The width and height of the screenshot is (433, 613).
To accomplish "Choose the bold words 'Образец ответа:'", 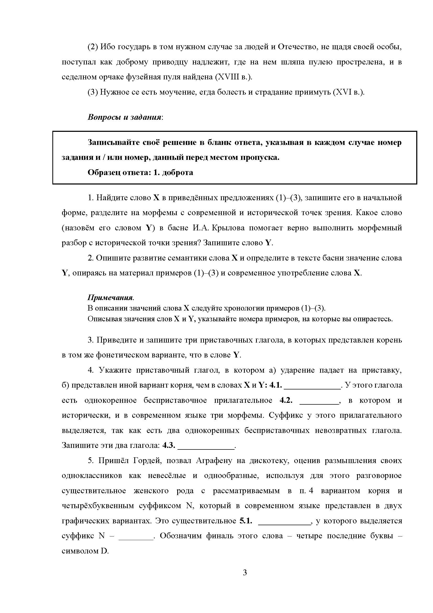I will (119, 172).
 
